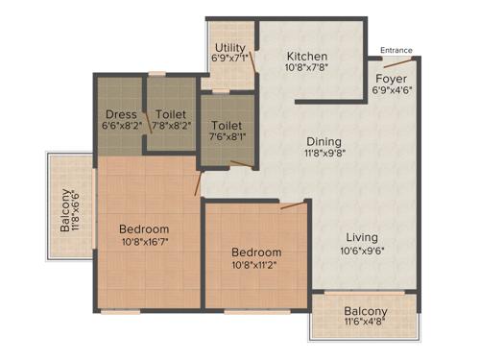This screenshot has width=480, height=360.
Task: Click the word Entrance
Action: (x=396, y=50)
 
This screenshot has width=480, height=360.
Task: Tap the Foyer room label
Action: (x=391, y=78)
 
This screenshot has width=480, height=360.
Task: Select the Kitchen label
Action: (x=306, y=57)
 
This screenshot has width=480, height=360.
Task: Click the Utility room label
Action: (x=231, y=46)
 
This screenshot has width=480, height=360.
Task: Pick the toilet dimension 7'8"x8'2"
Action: (x=170, y=124)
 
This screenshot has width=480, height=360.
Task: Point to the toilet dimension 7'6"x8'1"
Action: (x=227, y=137)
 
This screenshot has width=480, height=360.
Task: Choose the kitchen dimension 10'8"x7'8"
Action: (x=306, y=69)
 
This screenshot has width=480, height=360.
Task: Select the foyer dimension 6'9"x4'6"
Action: (x=391, y=91)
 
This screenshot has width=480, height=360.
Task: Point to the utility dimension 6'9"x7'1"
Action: (x=231, y=59)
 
